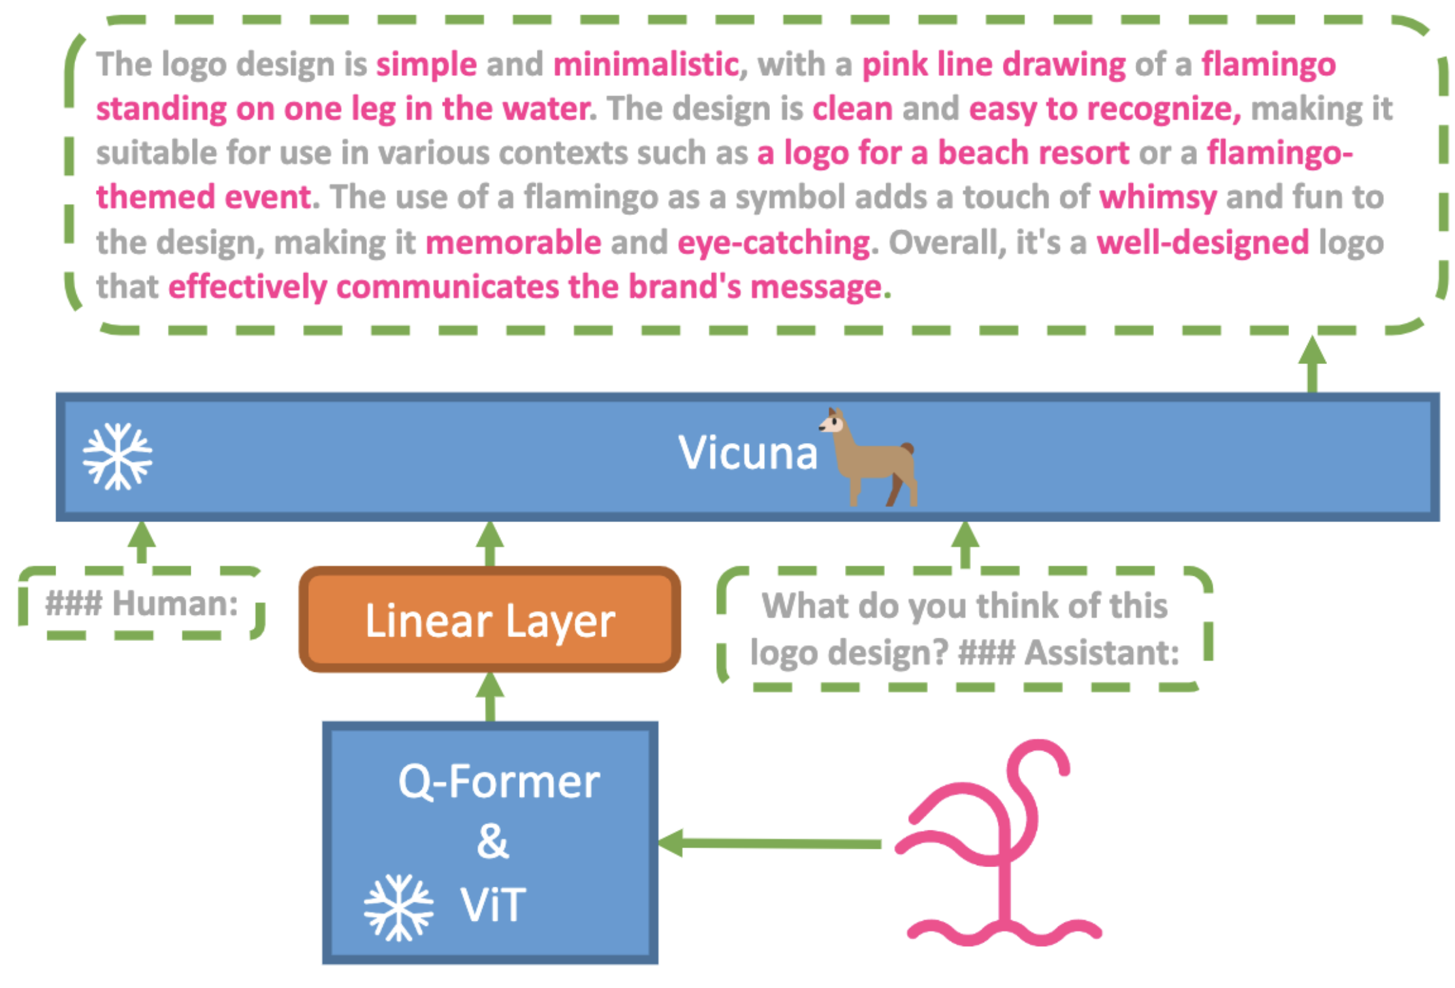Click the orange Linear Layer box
click(x=490, y=619)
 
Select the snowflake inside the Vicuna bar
click(x=118, y=456)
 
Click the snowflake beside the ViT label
click(x=398, y=907)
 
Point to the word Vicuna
click(x=748, y=452)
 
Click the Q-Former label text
click(x=499, y=782)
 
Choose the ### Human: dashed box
click(x=142, y=603)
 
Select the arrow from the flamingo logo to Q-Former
click(x=771, y=844)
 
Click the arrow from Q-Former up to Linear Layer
click(x=490, y=697)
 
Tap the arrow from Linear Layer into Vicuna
click(x=490, y=544)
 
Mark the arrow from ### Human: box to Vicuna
click(x=142, y=542)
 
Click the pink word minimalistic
click(x=646, y=65)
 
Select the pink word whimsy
click(x=1158, y=197)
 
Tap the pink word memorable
click(x=513, y=242)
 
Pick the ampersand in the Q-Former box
click(x=492, y=841)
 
